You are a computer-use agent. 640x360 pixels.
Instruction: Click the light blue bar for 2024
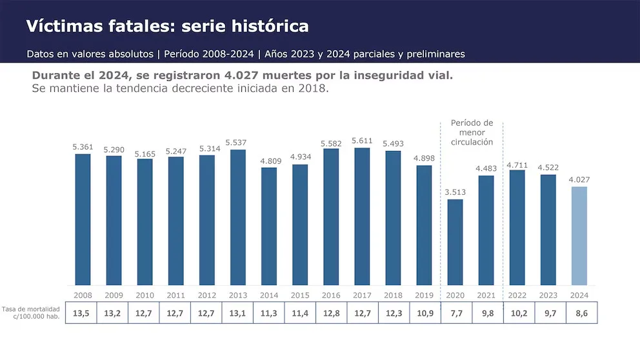[579, 235]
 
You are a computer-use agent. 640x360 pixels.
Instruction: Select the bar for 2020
[455, 242]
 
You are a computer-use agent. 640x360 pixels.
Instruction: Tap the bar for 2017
[362, 216]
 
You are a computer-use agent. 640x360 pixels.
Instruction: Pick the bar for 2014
[269, 226]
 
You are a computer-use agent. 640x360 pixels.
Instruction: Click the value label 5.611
[362, 141]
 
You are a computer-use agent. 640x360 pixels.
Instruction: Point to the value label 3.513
[455, 192]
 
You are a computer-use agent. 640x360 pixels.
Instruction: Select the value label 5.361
[83, 146]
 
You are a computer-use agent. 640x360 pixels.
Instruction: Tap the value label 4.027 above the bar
[579, 179]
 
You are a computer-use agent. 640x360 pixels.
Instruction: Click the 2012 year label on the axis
[207, 295]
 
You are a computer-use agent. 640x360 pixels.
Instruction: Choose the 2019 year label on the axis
[424, 295]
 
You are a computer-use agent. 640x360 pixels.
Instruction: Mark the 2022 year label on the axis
[517, 295]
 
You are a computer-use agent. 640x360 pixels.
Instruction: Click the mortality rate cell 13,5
[81, 313]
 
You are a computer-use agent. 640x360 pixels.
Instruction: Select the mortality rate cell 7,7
[455, 313]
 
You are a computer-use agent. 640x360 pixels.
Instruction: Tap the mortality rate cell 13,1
[237, 313]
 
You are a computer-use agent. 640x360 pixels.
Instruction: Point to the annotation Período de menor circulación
[471, 132]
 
